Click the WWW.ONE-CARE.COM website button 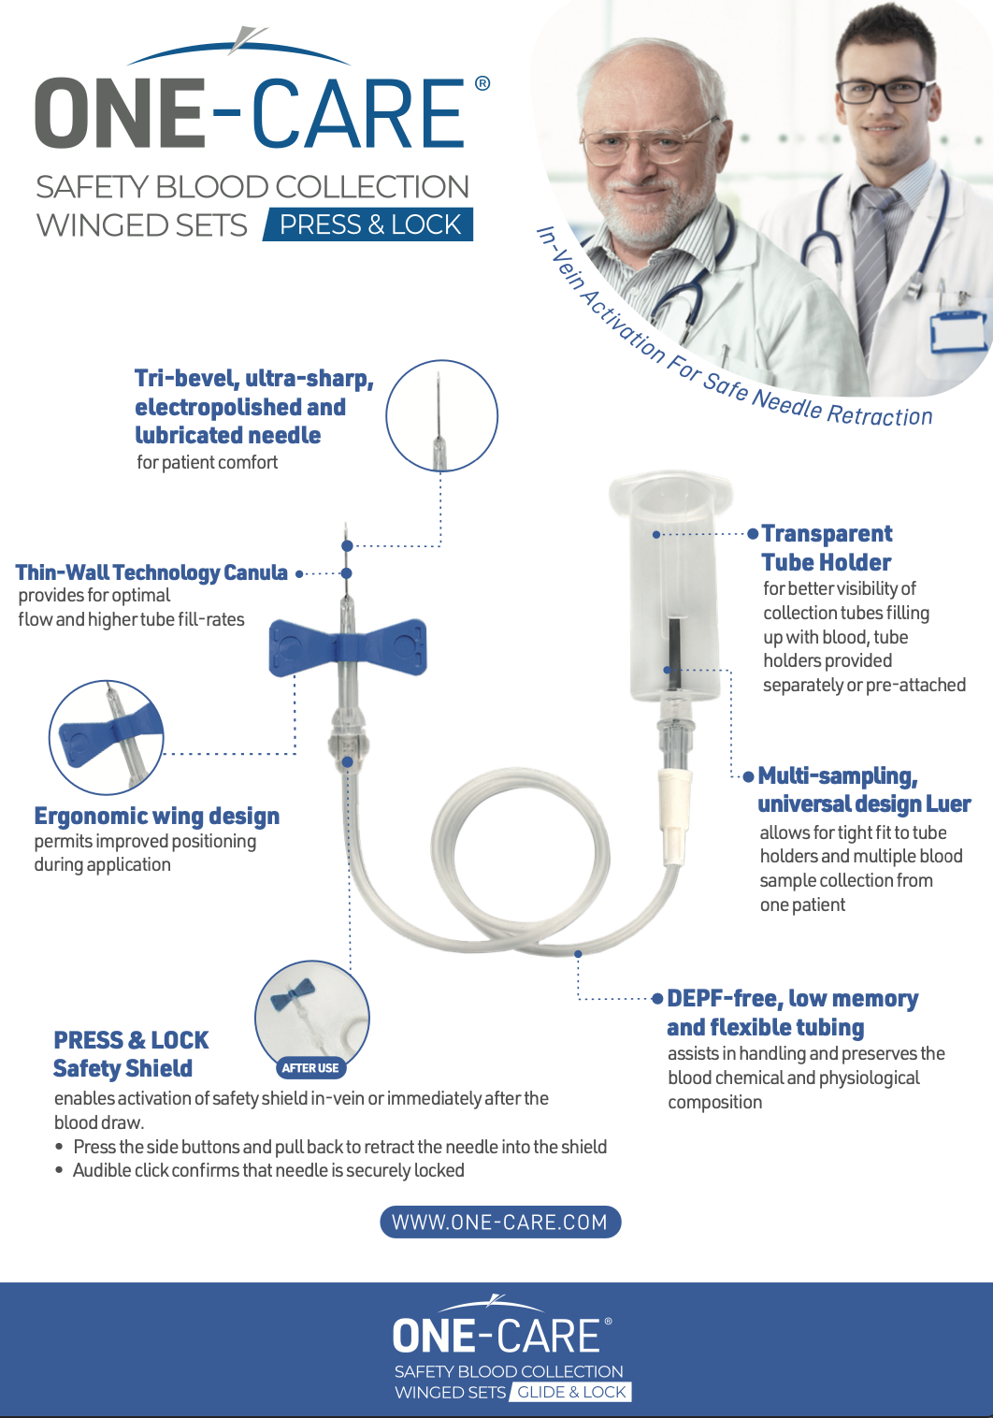500,1222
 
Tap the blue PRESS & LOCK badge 368,224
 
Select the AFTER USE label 310,1067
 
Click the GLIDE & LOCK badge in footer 571,1392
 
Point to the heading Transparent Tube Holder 827,547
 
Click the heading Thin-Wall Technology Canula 151,572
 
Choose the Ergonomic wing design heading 157,816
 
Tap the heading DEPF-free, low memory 792,998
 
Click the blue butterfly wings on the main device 348,647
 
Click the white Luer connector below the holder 675,816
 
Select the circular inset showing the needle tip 441,416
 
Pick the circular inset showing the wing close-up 107,737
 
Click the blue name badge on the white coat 957,330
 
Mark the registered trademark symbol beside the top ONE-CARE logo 482,83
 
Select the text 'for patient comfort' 207,463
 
